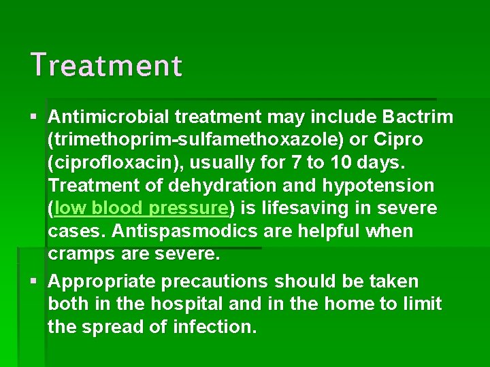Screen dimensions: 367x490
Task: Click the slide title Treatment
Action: (x=106, y=66)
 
